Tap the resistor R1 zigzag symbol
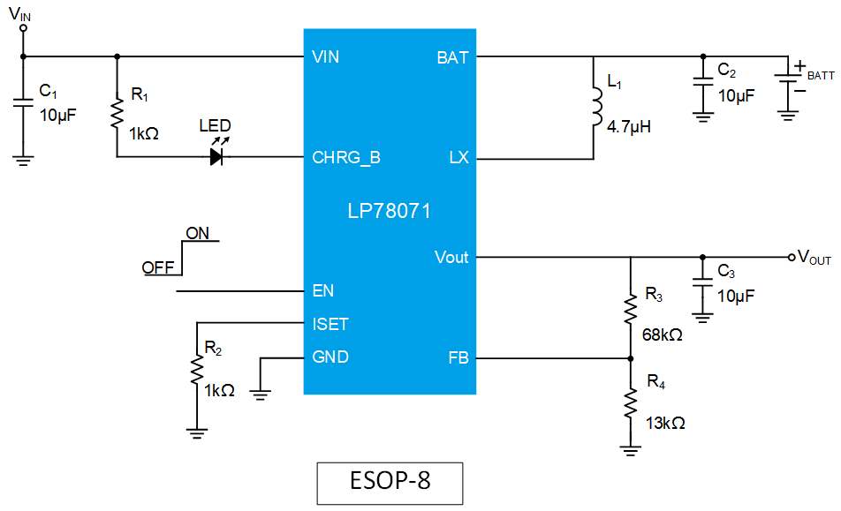coord(117,114)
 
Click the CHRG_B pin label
coord(346,159)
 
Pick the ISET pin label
coord(330,324)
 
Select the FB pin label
coord(458,358)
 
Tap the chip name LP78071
coord(390,212)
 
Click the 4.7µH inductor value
coord(629,126)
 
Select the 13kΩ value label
coord(664,423)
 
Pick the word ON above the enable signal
coord(197,234)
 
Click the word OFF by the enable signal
coord(157,267)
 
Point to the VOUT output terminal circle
coord(792,258)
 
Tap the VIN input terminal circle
coord(24,28)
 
